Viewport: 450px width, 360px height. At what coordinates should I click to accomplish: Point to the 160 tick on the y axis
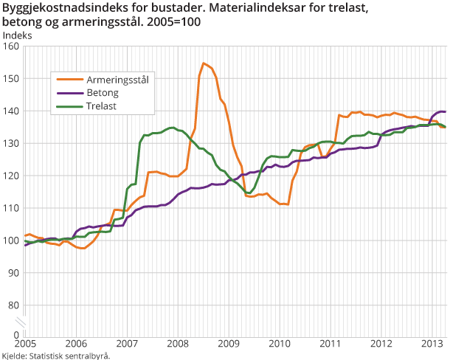tap(10, 46)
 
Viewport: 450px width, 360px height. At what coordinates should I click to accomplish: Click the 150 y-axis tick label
tap(10, 78)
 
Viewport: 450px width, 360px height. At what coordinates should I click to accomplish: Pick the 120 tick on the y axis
tap(10, 176)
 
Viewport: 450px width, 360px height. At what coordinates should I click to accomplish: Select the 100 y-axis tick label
tap(10, 240)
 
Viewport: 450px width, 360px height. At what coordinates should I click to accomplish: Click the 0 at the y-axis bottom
tap(15, 334)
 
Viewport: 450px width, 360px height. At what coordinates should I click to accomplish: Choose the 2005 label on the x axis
tap(25, 344)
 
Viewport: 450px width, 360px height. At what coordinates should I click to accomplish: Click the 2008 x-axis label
tap(178, 344)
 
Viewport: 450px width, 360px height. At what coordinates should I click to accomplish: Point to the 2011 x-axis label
tap(330, 344)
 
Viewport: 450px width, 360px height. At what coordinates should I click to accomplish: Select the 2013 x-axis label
tap(432, 344)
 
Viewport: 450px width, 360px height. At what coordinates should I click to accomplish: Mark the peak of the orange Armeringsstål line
tap(203, 63)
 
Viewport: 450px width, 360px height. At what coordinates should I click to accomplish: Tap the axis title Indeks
tap(17, 34)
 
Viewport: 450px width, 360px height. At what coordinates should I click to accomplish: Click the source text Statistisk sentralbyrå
tap(69, 355)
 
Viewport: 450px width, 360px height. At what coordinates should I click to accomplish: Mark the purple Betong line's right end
tap(445, 112)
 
